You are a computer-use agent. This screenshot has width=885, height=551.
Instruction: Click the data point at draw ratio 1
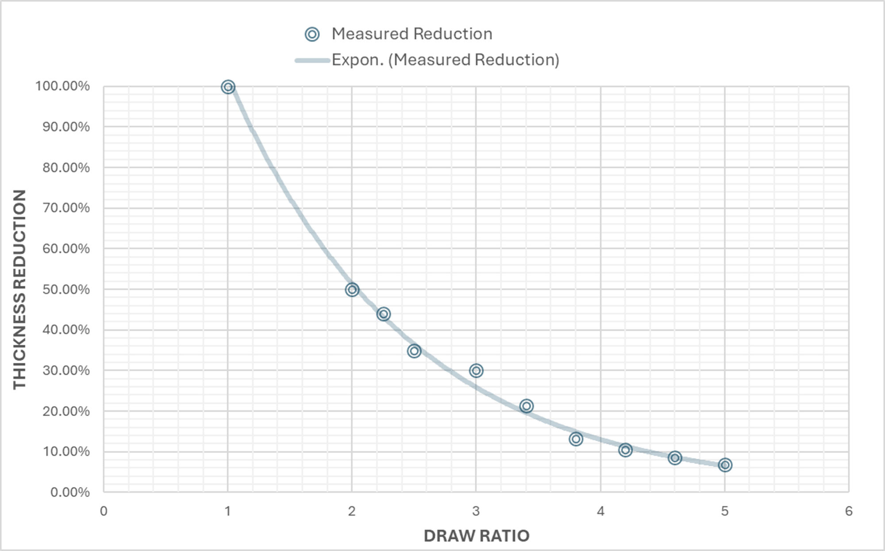click(x=228, y=87)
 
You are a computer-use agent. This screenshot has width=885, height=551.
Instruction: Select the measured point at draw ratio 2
click(x=352, y=290)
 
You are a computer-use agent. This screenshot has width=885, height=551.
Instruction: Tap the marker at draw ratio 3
click(x=476, y=370)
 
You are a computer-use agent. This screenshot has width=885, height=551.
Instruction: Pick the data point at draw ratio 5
click(x=725, y=465)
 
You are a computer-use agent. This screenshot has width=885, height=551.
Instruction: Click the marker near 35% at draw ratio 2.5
click(x=414, y=351)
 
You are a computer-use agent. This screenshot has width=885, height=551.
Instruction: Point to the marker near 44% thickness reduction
click(x=384, y=314)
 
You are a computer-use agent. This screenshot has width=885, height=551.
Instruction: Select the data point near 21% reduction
click(x=526, y=406)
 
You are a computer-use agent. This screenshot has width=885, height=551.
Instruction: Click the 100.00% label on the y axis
click(x=62, y=86)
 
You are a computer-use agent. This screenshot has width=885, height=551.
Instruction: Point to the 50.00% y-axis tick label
click(x=66, y=289)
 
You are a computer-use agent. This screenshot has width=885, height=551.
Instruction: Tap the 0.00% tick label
click(x=69, y=492)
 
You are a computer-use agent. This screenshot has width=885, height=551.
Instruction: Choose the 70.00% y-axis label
click(x=66, y=208)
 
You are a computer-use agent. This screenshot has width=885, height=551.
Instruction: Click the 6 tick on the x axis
click(x=849, y=511)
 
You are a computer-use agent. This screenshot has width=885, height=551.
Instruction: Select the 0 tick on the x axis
click(x=104, y=511)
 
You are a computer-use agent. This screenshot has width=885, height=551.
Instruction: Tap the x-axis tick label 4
click(x=600, y=511)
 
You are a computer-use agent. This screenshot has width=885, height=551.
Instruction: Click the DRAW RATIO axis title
click(x=477, y=536)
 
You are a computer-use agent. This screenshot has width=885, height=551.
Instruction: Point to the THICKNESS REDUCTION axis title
click(x=19, y=289)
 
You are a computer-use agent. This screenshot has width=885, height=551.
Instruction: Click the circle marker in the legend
click(x=312, y=34)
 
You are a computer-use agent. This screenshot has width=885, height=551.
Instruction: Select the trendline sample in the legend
click(x=312, y=60)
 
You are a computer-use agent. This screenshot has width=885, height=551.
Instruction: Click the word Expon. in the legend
click(x=358, y=60)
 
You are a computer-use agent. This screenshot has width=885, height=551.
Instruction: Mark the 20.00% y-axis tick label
click(x=66, y=411)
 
